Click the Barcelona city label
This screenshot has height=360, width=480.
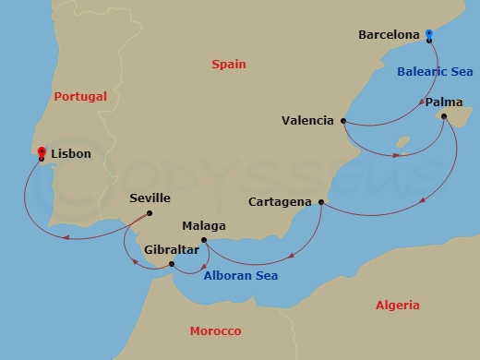(x=389, y=35)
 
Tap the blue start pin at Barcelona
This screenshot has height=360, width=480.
(x=430, y=35)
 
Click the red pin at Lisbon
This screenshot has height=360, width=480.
(x=42, y=151)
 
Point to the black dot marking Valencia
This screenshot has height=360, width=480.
(x=343, y=121)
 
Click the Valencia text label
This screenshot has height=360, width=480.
(x=309, y=120)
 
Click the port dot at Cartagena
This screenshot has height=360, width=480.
(x=321, y=201)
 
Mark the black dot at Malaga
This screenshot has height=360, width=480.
(x=204, y=241)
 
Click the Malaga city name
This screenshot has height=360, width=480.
(x=204, y=225)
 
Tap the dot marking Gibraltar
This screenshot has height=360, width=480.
(x=173, y=265)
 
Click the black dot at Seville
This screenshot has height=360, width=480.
(x=150, y=213)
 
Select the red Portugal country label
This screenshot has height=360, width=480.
(x=80, y=96)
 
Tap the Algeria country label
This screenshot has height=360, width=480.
(x=398, y=305)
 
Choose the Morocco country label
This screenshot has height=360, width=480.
(x=215, y=330)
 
